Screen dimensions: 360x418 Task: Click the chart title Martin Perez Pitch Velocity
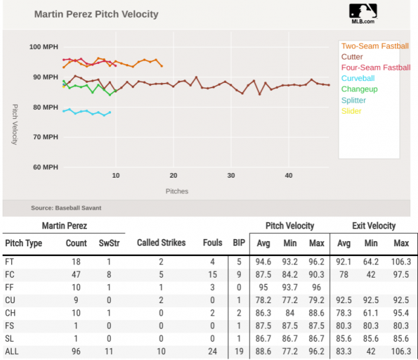(95, 14)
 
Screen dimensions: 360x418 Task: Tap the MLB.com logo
(362, 13)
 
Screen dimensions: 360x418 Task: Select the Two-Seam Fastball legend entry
(375, 46)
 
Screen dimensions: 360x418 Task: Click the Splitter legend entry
(354, 100)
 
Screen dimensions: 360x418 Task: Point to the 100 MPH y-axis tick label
(44, 47)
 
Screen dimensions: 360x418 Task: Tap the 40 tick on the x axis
(289, 175)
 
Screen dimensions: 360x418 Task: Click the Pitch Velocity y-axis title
(15, 123)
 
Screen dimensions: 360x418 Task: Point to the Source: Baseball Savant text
(66, 208)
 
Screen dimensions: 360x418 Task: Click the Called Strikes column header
(161, 242)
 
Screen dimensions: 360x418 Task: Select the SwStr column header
(109, 242)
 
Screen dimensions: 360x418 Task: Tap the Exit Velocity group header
(374, 226)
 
